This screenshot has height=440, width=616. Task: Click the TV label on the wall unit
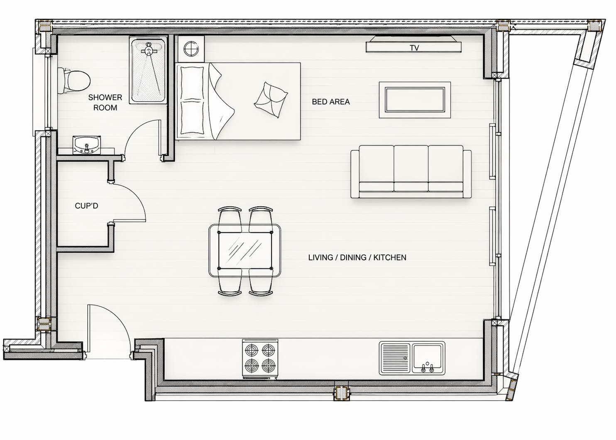pyautogui.click(x=414, y=48)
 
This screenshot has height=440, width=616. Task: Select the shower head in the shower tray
pyautogui.click(x=149, y=50)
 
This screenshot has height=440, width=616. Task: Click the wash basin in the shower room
pyautogui.click(x=86, y=145)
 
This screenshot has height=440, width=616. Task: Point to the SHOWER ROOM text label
pyautogui.click(x=105, y=103)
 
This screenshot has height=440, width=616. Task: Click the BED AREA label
pyautogui.click(x=330, y=102)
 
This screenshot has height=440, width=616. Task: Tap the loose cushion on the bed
pyautogui.click(x=271, y=100)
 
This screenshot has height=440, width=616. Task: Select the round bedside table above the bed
pyautogui.click(x=191, y=49)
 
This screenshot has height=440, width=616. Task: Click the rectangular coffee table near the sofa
pyautogui.click(x=415, y=100)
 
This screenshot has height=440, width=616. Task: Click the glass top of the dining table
pyautogui.click(x=245, y=250)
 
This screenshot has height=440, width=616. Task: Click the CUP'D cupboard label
pyautogui.click(x=86, y=206)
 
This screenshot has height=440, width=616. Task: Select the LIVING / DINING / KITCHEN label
pyautogui.click(x=357, y=257)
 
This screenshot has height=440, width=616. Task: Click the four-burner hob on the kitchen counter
pyautogui.click(x=260, y=358)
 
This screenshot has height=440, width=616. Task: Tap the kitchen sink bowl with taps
pyautogui.click(x=428, y=358)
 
